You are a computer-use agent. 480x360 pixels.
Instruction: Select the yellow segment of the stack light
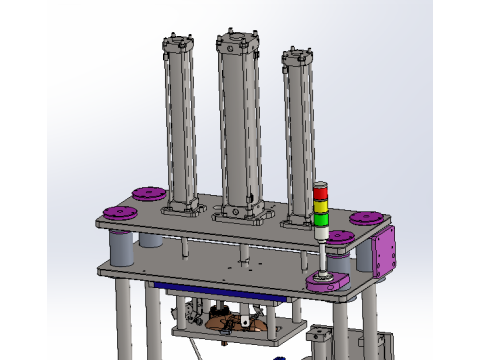coord(320,206)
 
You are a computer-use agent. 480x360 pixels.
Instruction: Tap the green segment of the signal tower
coord(320,218)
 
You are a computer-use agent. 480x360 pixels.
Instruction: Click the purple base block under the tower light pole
coord(327,283)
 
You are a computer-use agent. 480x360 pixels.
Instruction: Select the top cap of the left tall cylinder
coord(177,46)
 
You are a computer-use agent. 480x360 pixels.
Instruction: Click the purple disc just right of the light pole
coord(341,236)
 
